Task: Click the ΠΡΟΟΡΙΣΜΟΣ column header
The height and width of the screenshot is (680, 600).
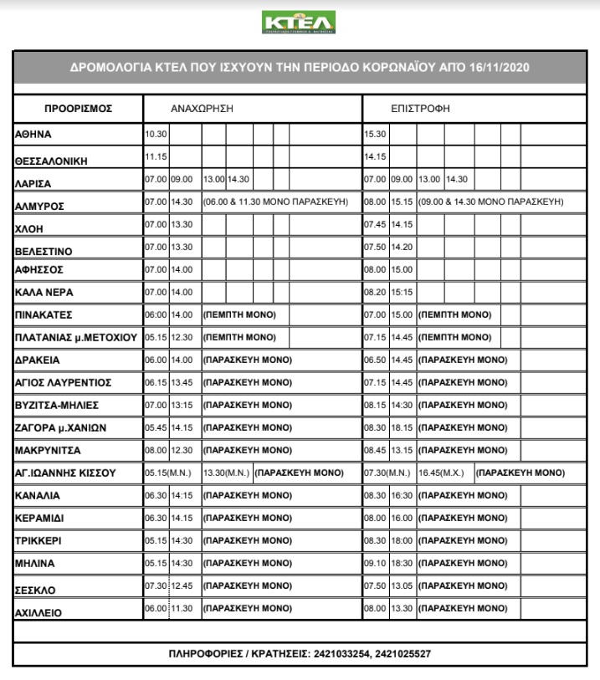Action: [78, 110]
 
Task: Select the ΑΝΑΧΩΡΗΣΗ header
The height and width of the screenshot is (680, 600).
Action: [201, 110]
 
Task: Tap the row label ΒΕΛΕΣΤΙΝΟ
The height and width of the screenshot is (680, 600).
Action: [44, 250]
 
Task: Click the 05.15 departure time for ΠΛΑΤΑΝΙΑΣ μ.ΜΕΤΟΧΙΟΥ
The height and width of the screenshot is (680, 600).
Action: [156, 337]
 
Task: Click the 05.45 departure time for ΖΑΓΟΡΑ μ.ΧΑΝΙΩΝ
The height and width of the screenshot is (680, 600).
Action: [156, 428]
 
